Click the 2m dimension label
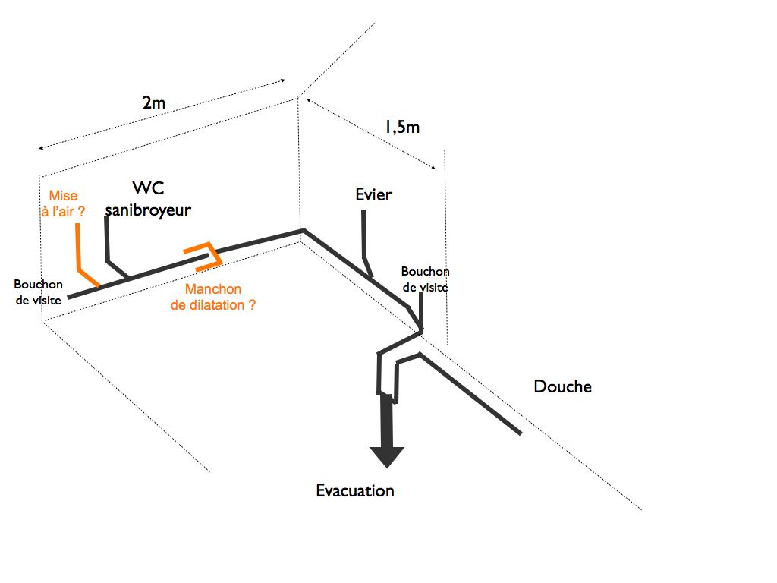pyautogui.click(x=153, y=104)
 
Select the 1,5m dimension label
pyautogui.click(x=401, y=127)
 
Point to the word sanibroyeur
pyautogui.click(x=148, y=210)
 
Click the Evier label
pyautogui.click(x=373, y=194)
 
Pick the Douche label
pyautogui.click(x=562, y=386)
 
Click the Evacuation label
pyautogui.click(x=355, y=490)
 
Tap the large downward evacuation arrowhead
pyautogui.click(x=387, y=455)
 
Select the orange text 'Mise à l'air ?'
pyautogui.click(x=63, y=203)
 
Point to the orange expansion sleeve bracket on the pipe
pyautogui.click(x=205, y=255)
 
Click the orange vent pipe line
pyautogui.click(x=78, y=247)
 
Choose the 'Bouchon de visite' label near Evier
pyautogui.click(x=425, y=279)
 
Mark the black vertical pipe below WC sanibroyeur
pyautogui.click(x=107, y=239)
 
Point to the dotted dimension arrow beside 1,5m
pyautogui.click(x=372, y=132)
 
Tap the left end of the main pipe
pyautogui.click(x=70, y=297)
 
